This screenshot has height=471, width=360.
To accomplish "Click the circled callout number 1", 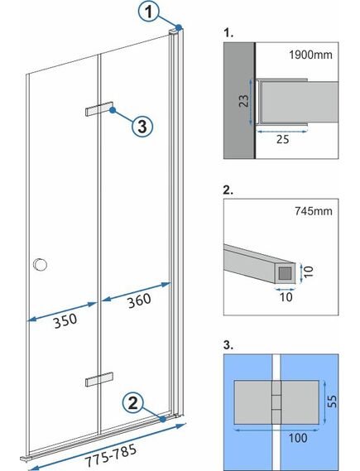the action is point(149,12).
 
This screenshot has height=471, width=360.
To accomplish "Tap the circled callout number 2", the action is point(132,403).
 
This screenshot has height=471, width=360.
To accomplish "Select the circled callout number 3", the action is point(142,126).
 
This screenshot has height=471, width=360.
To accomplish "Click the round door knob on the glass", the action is point(41,265).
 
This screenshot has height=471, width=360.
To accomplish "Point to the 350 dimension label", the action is point(65,321).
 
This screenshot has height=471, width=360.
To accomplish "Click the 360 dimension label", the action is point(139,300).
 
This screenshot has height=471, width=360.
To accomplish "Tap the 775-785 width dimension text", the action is point(111,454).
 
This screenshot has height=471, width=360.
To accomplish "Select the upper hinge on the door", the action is point(99,108).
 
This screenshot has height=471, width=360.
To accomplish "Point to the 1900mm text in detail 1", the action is point(311,55).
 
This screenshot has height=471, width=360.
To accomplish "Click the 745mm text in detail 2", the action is point(314,211).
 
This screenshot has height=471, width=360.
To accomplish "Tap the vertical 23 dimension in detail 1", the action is point(244,101).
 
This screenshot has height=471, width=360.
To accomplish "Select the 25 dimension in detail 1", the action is point(282,139).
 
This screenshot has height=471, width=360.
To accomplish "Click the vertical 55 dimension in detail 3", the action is point(332,401).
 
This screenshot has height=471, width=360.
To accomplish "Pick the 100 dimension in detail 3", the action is point(298,438).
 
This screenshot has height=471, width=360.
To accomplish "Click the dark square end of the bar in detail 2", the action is point(286,273).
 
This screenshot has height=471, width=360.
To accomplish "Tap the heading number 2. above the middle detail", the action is point(228,190).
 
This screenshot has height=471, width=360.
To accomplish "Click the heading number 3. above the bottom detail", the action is point(228,345).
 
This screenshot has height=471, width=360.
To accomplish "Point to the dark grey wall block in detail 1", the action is point(239,100).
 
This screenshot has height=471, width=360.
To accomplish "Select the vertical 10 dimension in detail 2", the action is point(309,272).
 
